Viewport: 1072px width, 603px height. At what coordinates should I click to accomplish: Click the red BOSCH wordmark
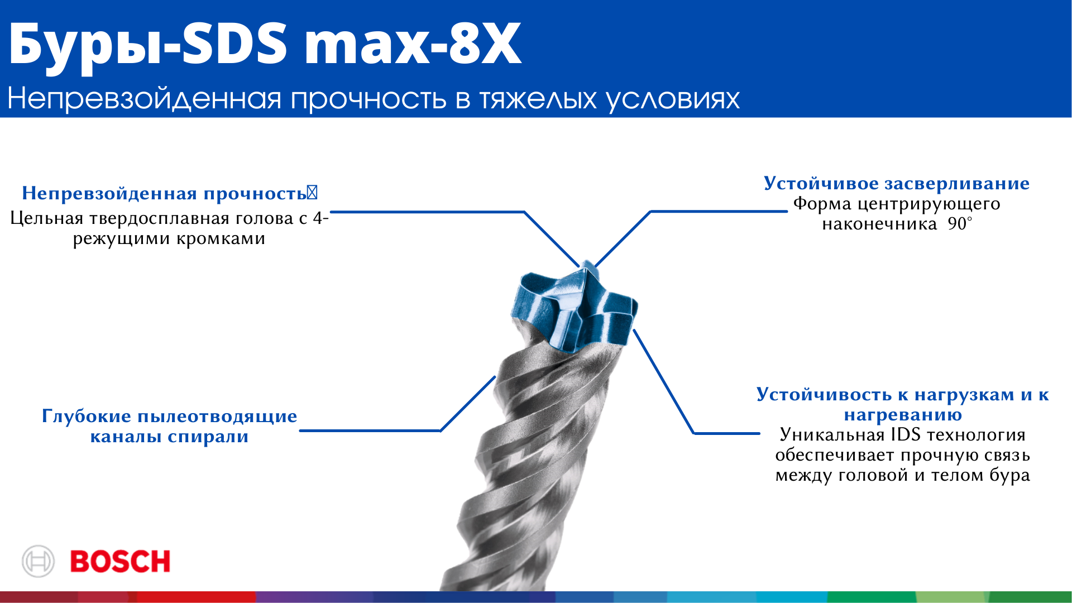[x=120, y=561]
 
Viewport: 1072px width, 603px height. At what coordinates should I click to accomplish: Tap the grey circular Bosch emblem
[x=38, y=561]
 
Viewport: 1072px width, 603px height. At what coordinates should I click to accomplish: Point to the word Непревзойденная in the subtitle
[x=145, y=99]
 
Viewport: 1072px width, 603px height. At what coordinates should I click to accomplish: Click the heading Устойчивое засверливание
[x=897, y=184]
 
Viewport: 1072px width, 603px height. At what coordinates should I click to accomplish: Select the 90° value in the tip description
[x=960, y=224]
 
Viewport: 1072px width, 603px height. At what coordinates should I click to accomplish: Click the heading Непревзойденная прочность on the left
[x=164, y=193]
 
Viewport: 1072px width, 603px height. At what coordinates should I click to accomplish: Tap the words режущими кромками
[x=169, y=239]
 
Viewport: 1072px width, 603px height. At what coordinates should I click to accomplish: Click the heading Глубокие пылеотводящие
[x=170, y=417]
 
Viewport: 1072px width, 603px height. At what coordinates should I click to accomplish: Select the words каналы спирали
[x=169, y=437]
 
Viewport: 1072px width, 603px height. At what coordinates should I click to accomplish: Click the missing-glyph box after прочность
[x=312, y=193]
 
